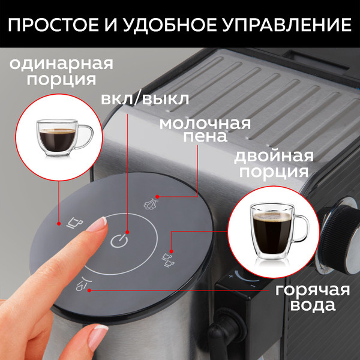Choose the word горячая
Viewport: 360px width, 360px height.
pos(304,290)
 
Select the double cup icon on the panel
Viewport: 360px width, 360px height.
pos(166,259)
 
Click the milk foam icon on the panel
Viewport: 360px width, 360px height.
pos(150,203)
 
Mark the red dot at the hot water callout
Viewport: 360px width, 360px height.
pos(90,291)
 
